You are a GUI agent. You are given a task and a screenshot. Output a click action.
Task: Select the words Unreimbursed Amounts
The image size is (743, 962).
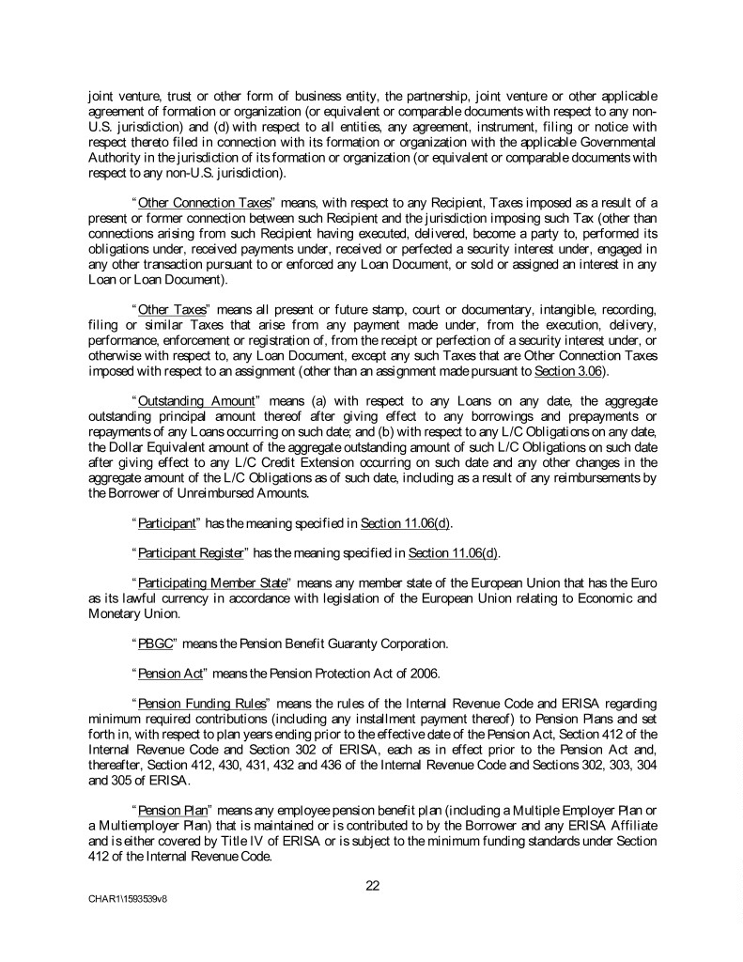[x=239, y=492]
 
